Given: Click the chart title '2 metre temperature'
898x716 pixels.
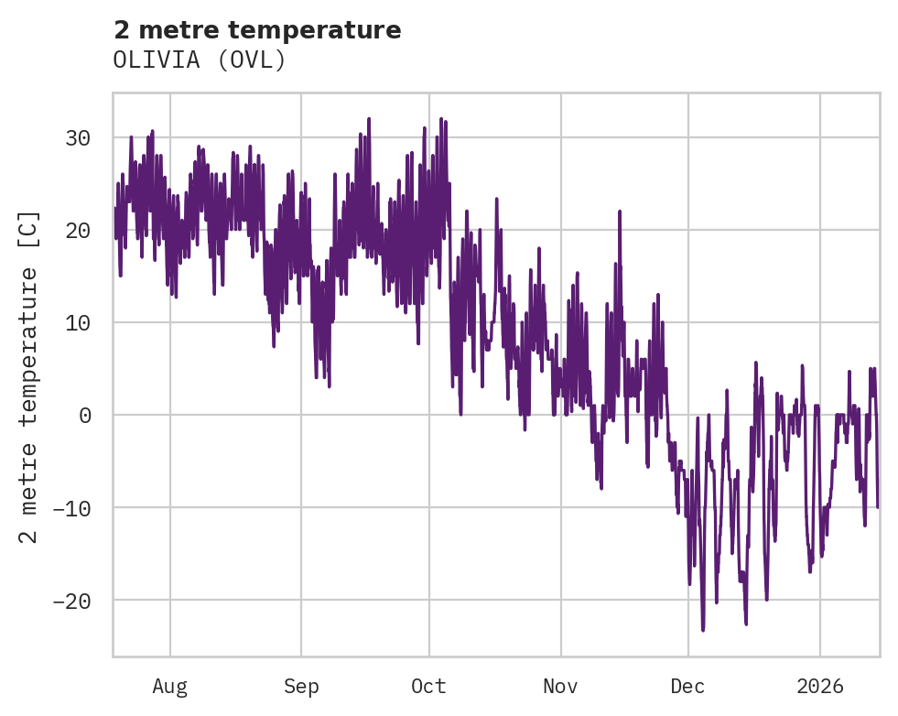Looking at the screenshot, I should pos(257,30).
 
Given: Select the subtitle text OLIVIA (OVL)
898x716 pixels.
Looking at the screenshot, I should pos(200,60).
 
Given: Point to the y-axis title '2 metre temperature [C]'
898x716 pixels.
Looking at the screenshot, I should pos(29,376).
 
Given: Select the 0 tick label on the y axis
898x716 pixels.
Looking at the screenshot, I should pos(84,416).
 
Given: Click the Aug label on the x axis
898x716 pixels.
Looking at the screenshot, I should pos(169,686).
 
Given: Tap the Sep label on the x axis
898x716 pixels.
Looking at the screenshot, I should pos(300,686).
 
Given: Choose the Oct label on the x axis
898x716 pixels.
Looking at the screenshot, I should pos(428,686).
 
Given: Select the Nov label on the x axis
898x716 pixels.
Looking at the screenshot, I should pos(560,686).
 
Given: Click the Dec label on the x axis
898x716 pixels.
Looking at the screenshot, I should pos(687,686).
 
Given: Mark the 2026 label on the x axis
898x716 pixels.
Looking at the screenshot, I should pos(819,686).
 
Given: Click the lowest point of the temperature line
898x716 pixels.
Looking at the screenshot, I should pos(703,630).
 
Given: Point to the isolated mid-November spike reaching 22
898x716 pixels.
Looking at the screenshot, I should pos(620,212).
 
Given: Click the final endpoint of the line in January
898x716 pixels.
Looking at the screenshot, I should pos(878,506).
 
